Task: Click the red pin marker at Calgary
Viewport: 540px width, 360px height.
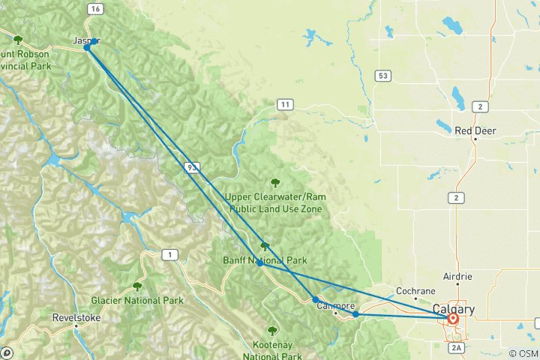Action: click(x=453, y=318)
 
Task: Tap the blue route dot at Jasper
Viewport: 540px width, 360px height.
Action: click(x=88, y=47)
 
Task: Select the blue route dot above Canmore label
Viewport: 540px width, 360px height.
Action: click(x=316, y=299)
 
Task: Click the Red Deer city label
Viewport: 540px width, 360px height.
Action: click(x=475, y=130)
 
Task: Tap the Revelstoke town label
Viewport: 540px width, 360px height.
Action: click(x=76, y=318)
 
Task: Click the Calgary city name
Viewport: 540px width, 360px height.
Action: click(x=453, y=309)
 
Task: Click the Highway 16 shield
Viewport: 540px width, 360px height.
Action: click(x=94, y=9)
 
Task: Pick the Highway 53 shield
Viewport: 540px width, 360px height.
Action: click(x=383, y=75)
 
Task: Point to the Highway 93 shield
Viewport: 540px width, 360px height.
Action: click(x=192, y=167)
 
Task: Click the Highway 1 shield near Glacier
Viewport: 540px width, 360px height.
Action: click(x=171, y=256)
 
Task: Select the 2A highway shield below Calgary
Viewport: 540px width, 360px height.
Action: click(x=457, y=348)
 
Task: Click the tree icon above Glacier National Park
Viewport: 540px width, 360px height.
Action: click(x=137, y=286)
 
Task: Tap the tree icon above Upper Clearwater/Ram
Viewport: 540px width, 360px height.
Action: click(x=275, y=182)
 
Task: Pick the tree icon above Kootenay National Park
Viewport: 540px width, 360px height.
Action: click(x=272, y=331)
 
